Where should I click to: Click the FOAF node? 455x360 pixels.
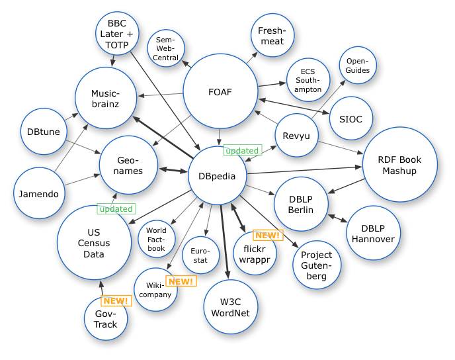click(220, 92)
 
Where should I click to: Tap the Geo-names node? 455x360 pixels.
click(130, 165)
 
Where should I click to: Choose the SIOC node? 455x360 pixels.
click(351, 118)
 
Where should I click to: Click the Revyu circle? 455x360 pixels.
click(296, 136)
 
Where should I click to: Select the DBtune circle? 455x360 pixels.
click(44, 132)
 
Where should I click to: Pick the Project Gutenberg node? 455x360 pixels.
click(317, 265)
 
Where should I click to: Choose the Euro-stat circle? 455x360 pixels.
click(200, 255)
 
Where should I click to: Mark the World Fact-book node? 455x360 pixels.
click(157, 239)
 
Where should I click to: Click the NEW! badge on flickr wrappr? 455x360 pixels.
click(268, 235)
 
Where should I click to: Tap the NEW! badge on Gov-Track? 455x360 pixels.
click(116, 300)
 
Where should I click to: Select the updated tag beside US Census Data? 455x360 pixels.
click(116, 209)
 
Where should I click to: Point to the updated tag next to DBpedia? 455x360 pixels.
click(242, 150)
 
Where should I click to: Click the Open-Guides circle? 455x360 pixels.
click(358, 66)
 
